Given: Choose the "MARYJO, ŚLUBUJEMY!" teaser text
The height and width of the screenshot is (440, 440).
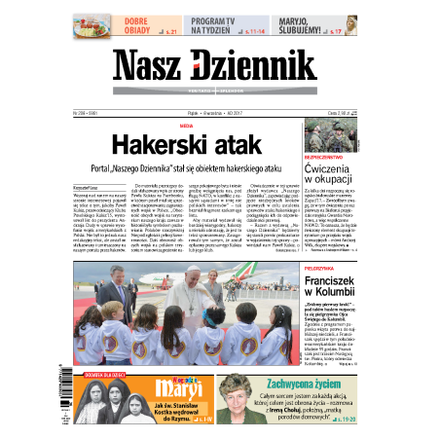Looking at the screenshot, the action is [321, 24].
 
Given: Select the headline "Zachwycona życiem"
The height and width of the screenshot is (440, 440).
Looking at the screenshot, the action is [302, 384].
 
